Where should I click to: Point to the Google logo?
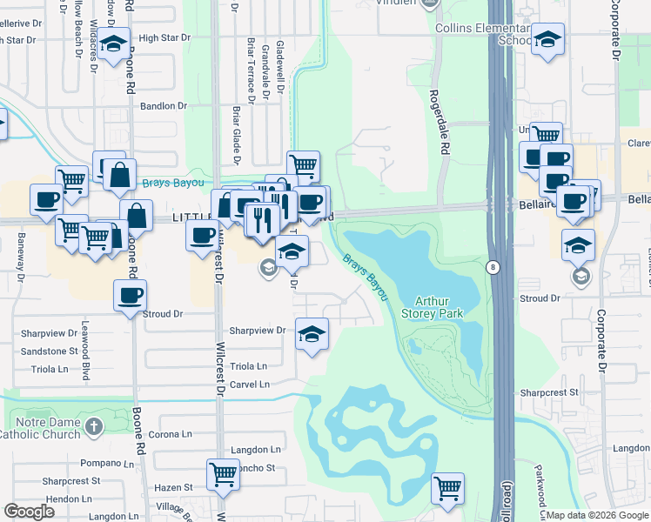30,511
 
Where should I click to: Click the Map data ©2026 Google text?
597,515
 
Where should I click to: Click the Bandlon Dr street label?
164,106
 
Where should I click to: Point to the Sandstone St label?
49,351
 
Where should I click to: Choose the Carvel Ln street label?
251,384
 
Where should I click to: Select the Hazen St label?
175,488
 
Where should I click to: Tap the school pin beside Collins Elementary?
547,39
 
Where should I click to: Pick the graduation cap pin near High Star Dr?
112,46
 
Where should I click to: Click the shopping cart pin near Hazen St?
223,475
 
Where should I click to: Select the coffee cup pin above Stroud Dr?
130,296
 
